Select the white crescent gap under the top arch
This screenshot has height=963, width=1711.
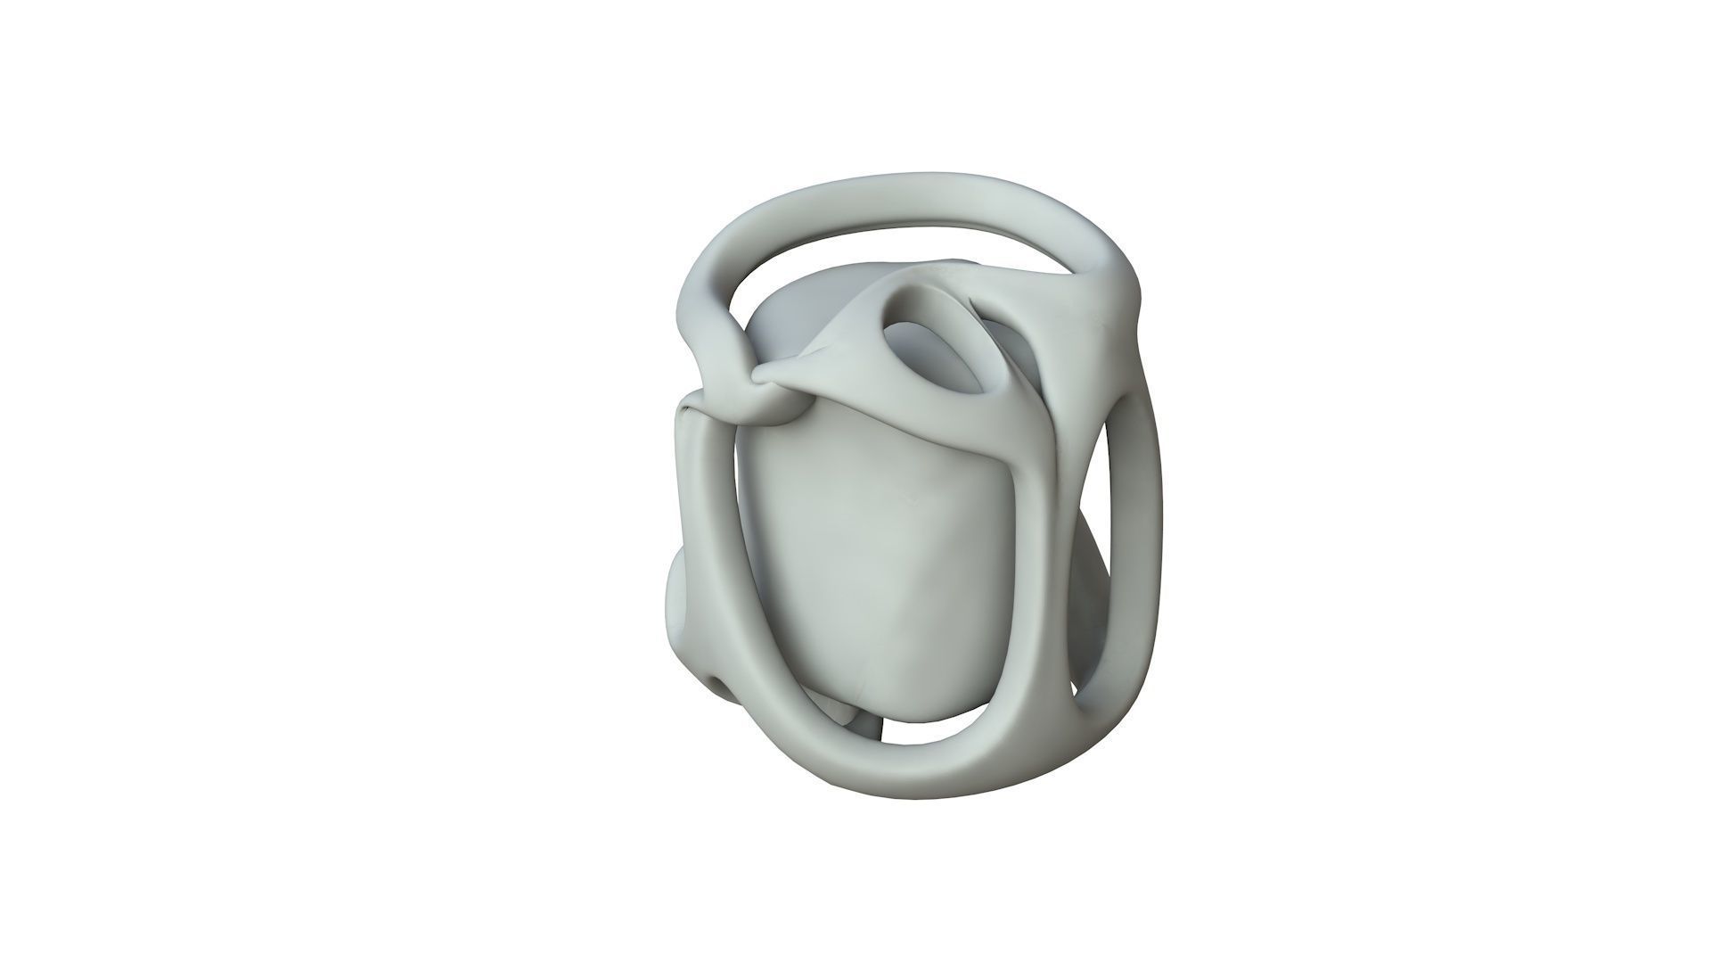point(882,236)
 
